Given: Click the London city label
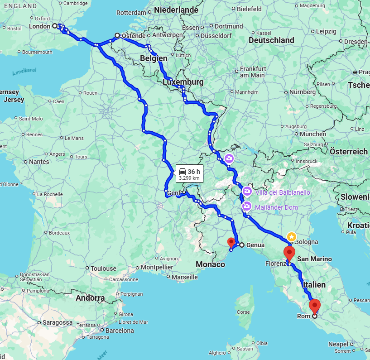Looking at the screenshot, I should point(40,26).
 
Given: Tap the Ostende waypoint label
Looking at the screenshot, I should point(134,35).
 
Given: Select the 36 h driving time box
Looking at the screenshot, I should point(189,174).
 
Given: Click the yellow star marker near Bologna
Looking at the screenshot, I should point(292,236).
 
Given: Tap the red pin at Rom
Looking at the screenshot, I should point(315,306).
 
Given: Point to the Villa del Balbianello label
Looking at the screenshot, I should point(283,192).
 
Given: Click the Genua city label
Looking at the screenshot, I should point(255,245).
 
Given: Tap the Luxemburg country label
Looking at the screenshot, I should point(183,82).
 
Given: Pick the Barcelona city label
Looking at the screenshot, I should point(120,331).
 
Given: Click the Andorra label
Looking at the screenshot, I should point(90,298).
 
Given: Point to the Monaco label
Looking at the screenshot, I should point(211,264).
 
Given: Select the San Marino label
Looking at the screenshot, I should point(314,259).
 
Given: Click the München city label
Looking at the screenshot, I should point(312,134).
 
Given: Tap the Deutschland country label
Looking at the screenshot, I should point(271,40).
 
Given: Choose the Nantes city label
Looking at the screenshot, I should point(39,161).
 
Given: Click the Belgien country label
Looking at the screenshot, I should point(154,58).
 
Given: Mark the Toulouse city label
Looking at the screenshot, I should point(103,269).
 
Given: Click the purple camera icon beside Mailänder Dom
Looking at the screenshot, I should point(247,206).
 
